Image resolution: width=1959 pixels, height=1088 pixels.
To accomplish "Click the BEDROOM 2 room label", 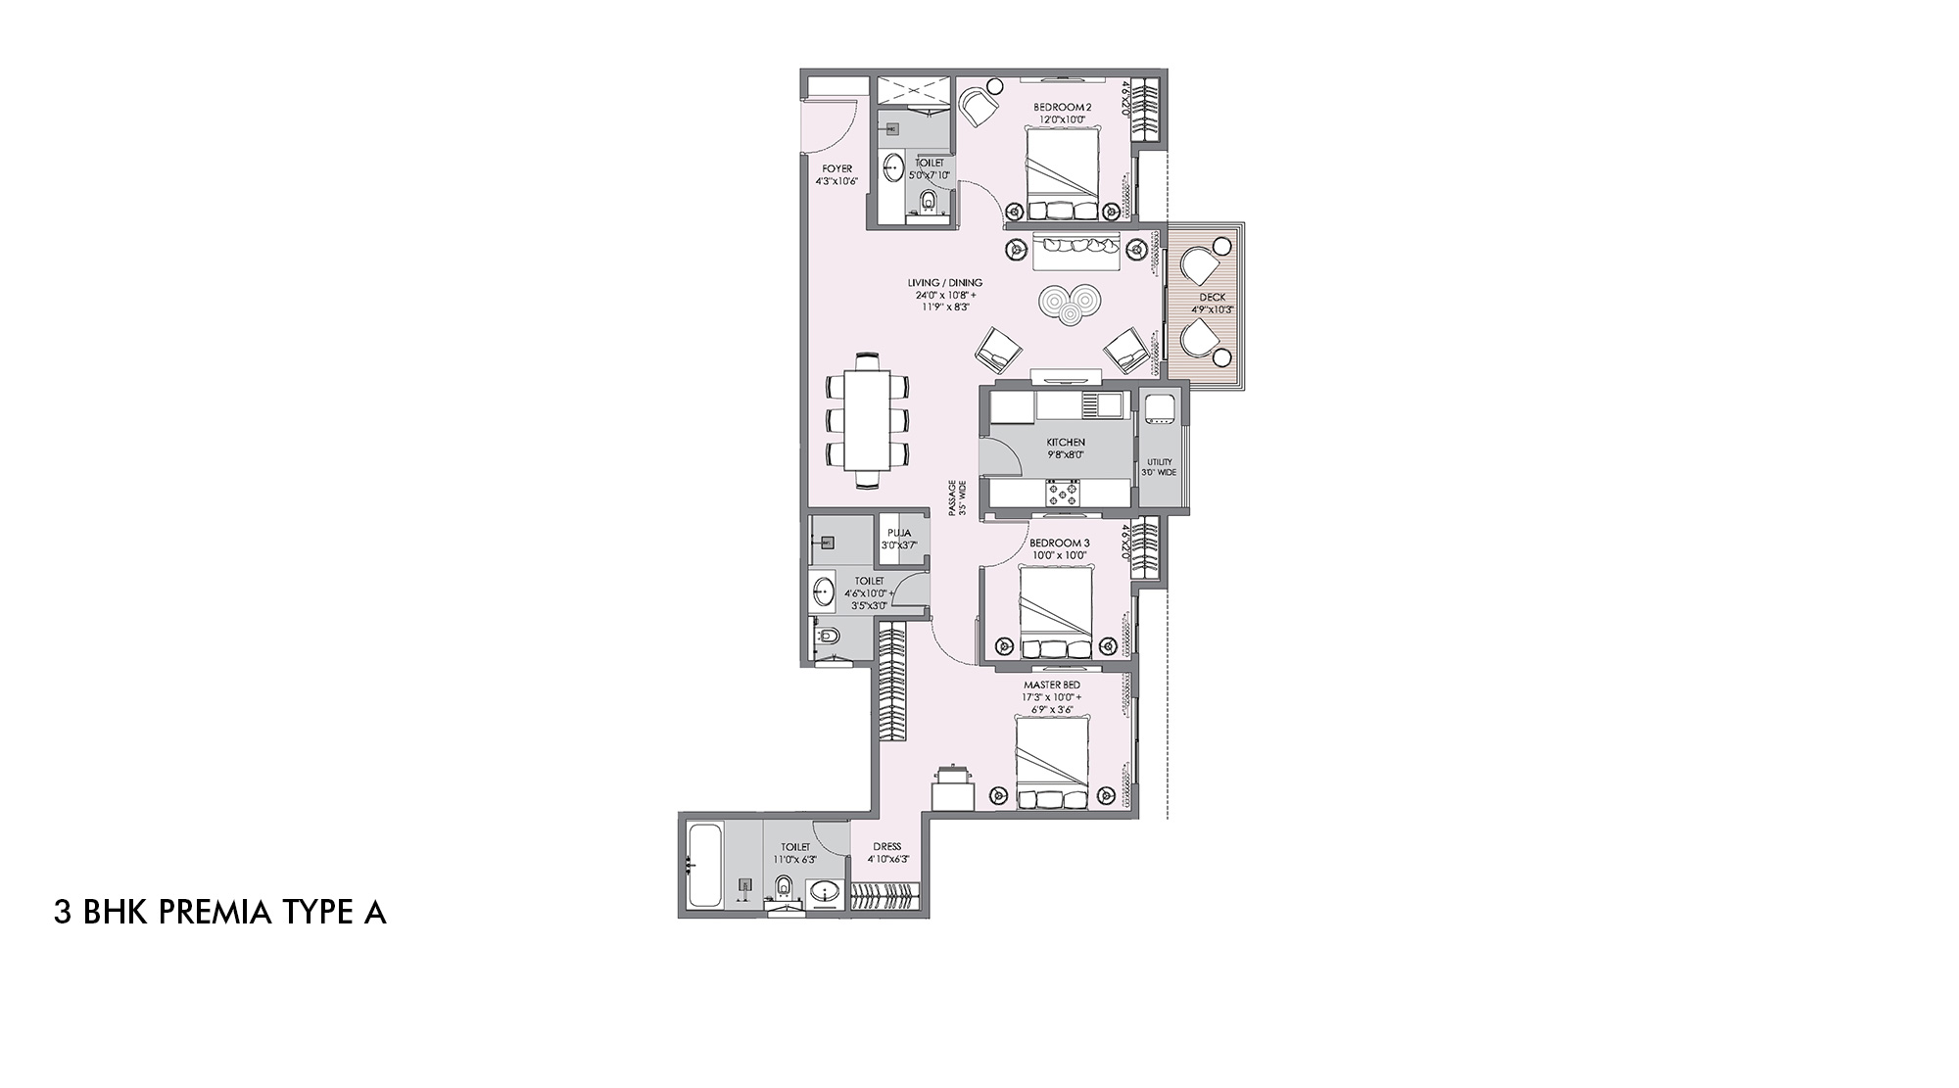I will (x=1062, y=107).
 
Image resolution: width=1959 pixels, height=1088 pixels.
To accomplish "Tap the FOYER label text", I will (x=836, y=168).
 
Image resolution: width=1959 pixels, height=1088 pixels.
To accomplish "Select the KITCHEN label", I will (x=1065, y=443).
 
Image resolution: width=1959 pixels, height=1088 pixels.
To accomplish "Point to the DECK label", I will (x=1212, y=298).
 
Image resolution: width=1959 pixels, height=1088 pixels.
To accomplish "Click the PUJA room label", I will (x=897, y=533).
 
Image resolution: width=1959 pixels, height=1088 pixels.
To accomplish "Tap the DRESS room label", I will (x=887, y=847).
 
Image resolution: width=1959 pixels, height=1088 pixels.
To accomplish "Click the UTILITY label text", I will (x=1159, y=462).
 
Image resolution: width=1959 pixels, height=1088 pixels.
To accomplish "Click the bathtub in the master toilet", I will (x=703, y=866).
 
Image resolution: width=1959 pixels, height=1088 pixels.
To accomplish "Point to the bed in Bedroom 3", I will (x=1056, y=613).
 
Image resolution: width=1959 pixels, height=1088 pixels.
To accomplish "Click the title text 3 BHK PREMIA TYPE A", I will (x=220, y=914).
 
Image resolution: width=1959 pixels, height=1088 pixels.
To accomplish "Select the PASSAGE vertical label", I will (x=957, y=497).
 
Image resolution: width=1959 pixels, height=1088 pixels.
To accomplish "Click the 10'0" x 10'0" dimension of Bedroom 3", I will (x=1058, y=555).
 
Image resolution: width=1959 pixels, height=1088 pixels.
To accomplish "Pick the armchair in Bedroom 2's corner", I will (x=978, y=106).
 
